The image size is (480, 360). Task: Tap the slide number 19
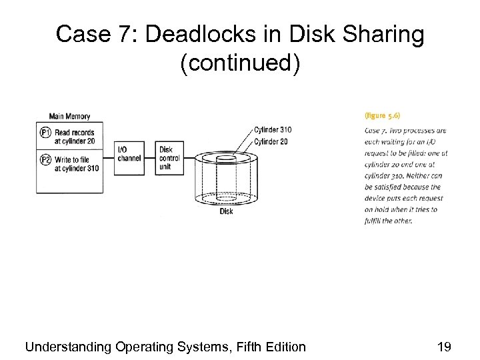click(x=443, y=346)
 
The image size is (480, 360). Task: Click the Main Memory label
click(x=69, y=117)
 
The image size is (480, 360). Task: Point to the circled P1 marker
click(x=45, y=133)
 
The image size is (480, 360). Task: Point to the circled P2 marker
click(x=45, y=160)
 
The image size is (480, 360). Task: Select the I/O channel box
click(x=129, y=158)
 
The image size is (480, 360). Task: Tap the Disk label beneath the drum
click(x=227, y=211)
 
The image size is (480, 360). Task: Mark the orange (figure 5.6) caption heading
click(x=382, y=115)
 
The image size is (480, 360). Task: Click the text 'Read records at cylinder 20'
click(x=78, y=137)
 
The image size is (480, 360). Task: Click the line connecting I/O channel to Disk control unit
click(x=150, y=158)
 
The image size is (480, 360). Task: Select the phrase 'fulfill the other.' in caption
click(x=389, y=221)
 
